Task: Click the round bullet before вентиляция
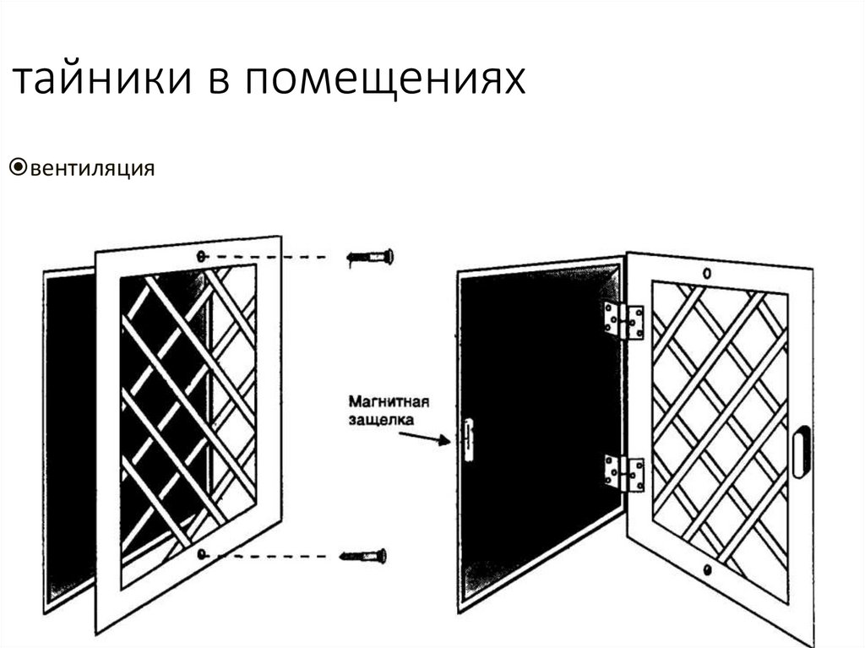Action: pyautogui.click(x=18, y=167)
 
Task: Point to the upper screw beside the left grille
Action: pyautogui.click(x=372, y=257)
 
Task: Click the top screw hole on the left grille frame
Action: pyautogui.click(x=200, y=256)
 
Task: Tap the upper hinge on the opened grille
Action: pyautogui.click(x=623, y=320)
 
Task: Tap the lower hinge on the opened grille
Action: pyautogui.click(x=623, y=472)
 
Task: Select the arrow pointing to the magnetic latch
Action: pyautogui.click(x=423, y=437)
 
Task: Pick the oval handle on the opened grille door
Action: pyautogui.click(x=801, y=451)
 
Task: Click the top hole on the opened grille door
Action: pyautogui.click(x=706, y=274)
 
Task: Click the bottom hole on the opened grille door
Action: pyautogui.click(x=706, y=570)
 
